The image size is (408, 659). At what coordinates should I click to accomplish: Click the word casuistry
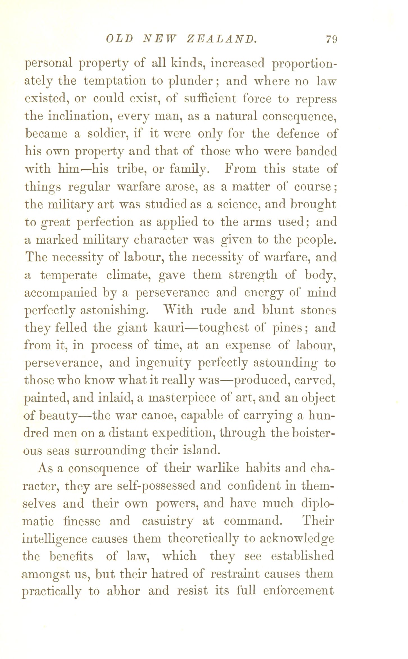tap(168, 522)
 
